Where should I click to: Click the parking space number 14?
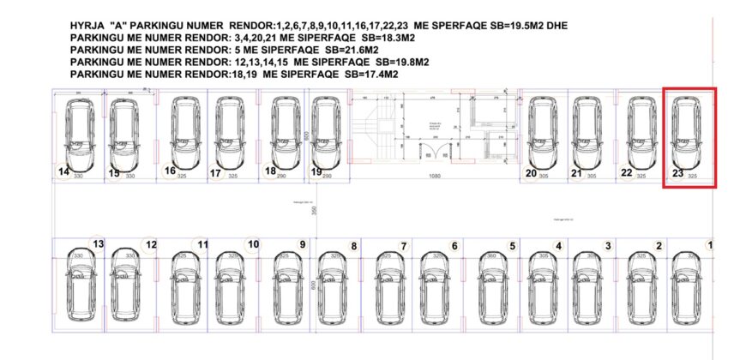63,171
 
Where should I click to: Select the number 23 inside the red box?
677,173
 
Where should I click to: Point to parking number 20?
531,173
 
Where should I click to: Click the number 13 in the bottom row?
99,244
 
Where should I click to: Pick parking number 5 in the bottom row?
512,246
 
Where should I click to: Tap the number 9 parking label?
302,244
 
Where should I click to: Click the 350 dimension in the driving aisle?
315,210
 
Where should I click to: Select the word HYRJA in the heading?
86,27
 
